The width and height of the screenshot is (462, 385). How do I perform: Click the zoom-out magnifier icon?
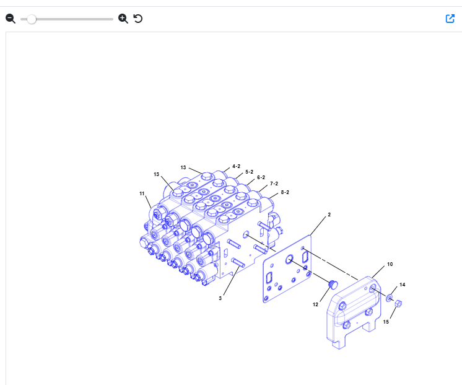(x=11, y=19)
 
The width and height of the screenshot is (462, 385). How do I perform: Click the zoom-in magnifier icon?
(x=123, y=19)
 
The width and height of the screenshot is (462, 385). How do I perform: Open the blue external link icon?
(x=450, y=19)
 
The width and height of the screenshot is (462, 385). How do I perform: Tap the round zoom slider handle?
(x=31, y=19)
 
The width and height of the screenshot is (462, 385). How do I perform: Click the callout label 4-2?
(x=237, y=166)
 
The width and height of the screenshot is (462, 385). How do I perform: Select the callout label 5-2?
(x=249, y=172)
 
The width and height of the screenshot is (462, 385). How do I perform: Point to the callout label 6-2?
(x=261, y=177)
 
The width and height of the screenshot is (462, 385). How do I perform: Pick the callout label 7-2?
(x=274, y=184)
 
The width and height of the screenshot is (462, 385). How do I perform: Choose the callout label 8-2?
(x=285, y=192)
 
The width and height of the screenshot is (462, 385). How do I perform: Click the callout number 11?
(x=142, y=193)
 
